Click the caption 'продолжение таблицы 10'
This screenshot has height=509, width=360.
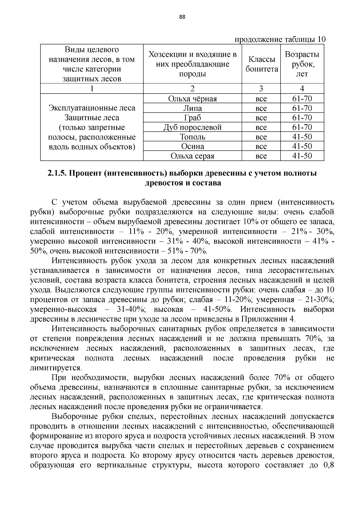tap(280, 40)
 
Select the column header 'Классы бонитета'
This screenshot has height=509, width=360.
tap(261, 64)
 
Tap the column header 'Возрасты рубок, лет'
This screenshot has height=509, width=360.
tap(302, 64)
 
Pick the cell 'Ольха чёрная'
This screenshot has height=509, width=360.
tap(192, 99)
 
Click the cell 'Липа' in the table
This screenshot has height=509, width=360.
tap(192, 108)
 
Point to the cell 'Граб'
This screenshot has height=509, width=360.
tap(192, 118)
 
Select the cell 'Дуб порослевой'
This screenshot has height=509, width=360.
tap(192, 127)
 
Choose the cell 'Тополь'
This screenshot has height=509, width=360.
tap(192, 137)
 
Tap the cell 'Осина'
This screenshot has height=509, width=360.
tap(192, 146)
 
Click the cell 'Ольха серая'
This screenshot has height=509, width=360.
tap(192, 156)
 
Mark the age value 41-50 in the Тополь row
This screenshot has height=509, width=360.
tap(302, 137)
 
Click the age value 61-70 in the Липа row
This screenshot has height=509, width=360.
tap(302, 108)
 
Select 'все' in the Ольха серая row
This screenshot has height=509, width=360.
tap(261, 156)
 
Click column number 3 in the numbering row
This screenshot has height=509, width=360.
tap(261, 88)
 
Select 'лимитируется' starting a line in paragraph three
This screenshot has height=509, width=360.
tap(56, 368)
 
